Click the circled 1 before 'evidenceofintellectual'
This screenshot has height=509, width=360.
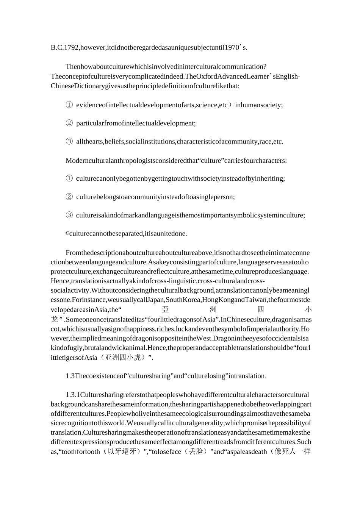(x=69, y=105)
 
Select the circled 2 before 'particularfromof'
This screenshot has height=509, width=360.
(x=69, y=123)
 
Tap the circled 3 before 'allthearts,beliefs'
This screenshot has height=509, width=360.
(x=69, y=142)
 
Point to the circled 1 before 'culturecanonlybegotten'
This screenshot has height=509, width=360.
(x=69, y=178)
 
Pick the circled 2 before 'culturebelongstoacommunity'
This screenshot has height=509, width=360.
(x=69, y=197)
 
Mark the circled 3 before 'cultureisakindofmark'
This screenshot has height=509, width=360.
(x=69, y=215)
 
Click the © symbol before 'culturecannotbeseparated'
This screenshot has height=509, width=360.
(x=67, y=234)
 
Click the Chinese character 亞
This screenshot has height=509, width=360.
(x=166, y=310)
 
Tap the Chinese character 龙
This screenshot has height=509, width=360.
(x=55, y=319)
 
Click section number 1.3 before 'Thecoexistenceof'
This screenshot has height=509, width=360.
(x=70, y=376)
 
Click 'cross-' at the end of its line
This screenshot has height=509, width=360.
(x=256, y=281)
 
